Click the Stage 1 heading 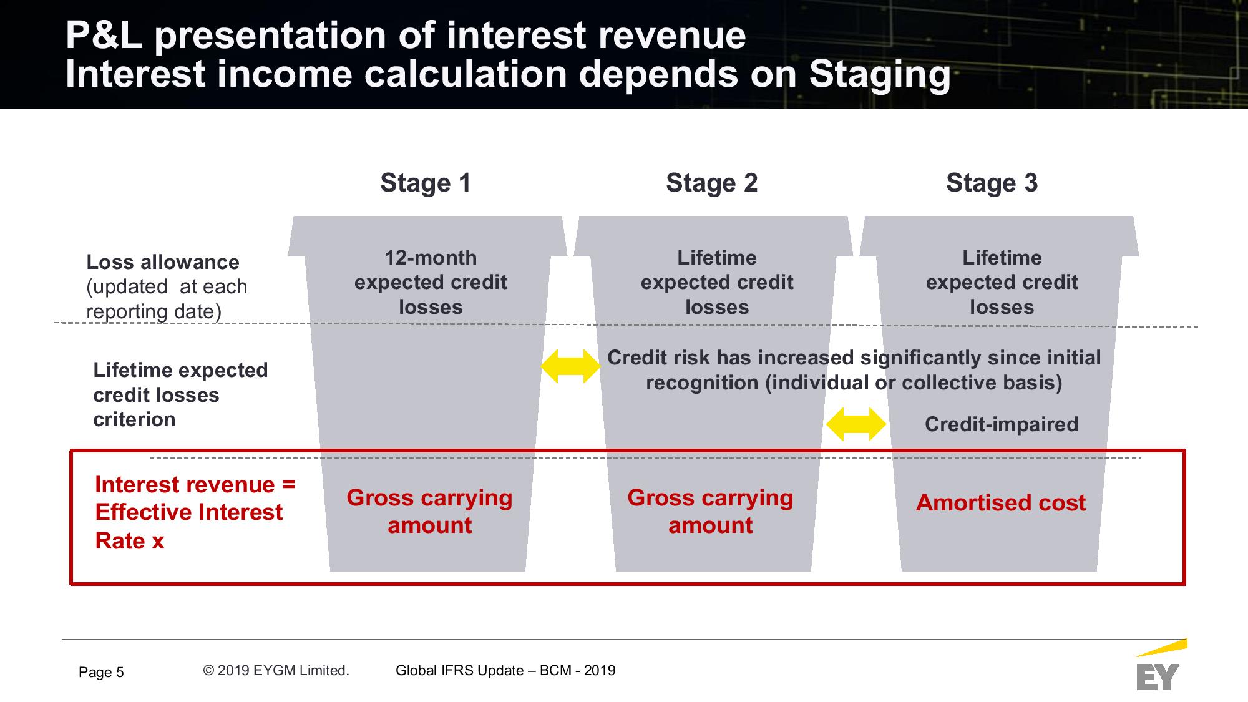click(426, 183)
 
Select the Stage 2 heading click(711, 183)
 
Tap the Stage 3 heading click(992, 183)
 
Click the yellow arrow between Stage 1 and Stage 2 click(570, 366)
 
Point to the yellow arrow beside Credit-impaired click(856, 424)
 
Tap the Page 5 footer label click(101, 672)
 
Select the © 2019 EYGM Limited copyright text click(276, 670)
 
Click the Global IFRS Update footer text click(505, 670)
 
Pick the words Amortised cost click(1001, 502)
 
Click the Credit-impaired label click(1002, 424)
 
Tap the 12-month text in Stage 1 click(431, 258)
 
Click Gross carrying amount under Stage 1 click(430, 511)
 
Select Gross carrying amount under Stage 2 click(711, 511)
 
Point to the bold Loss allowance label click(163, 262)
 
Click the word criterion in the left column click(134, 419)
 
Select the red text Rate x click(130, 540)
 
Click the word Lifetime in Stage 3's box click(1002, 258)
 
